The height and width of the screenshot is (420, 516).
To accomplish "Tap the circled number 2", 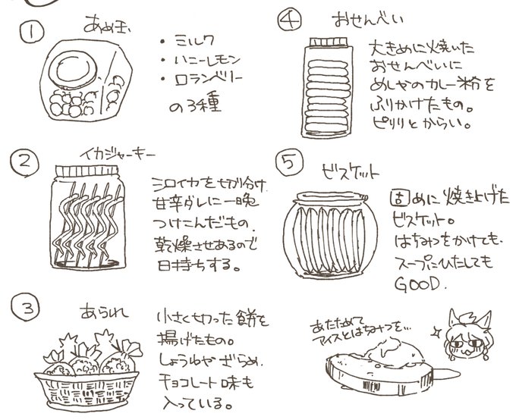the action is tap(27, 161).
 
